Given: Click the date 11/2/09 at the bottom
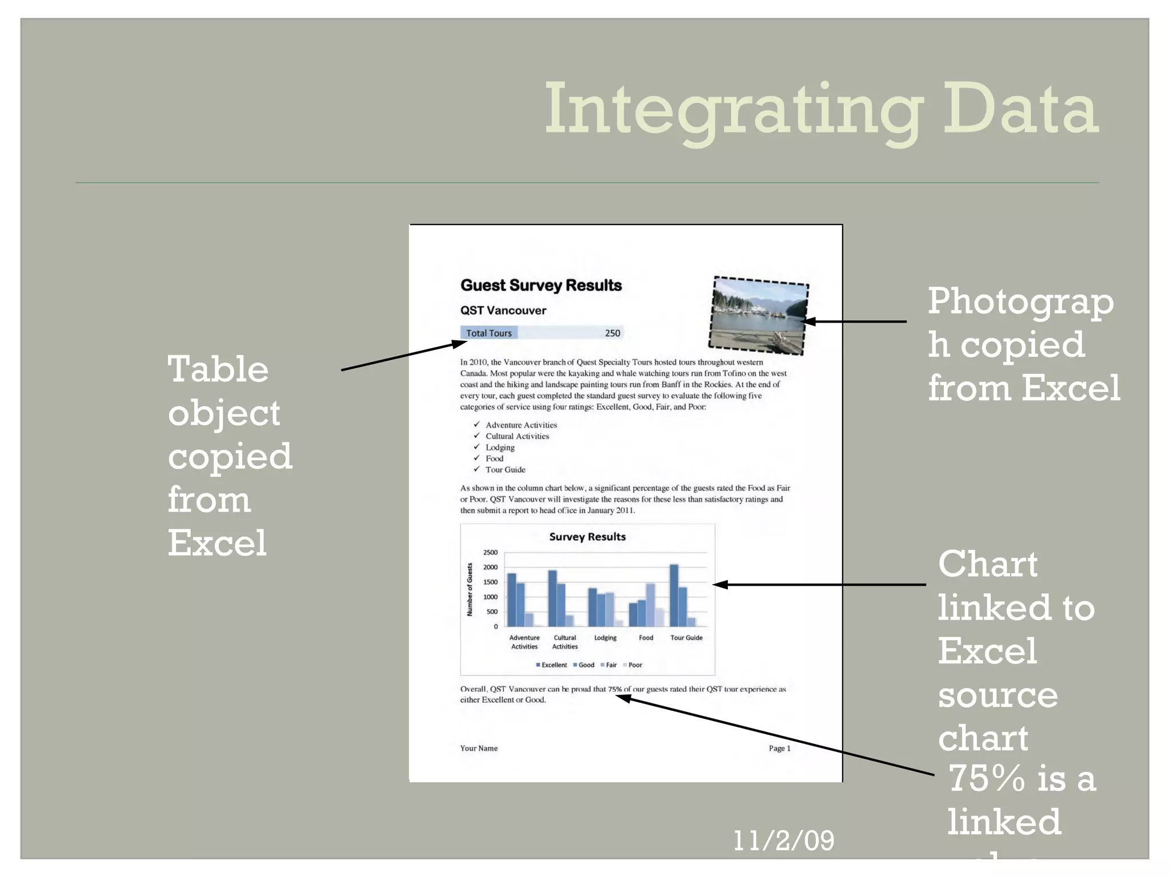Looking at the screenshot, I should [783, 840].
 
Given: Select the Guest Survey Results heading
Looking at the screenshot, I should [540, 285].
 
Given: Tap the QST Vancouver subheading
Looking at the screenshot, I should [503, 311].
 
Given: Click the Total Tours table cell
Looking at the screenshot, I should [488, 333].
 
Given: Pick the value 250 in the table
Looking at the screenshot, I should [612, 333].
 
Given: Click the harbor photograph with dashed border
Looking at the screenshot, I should [759, 315].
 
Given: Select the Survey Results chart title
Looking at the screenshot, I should [587, 537].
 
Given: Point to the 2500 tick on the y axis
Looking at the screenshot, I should [490, 553].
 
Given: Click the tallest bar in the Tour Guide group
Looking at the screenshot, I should [674, 596].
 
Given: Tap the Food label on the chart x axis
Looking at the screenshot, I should [646, 638].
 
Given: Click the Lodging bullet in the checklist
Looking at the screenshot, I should [500, 448].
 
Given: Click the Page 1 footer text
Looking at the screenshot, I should [779, 749].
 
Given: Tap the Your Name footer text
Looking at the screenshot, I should [479, 749].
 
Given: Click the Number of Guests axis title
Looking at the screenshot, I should [470, 589].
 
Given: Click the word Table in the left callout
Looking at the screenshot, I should [218, 369].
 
